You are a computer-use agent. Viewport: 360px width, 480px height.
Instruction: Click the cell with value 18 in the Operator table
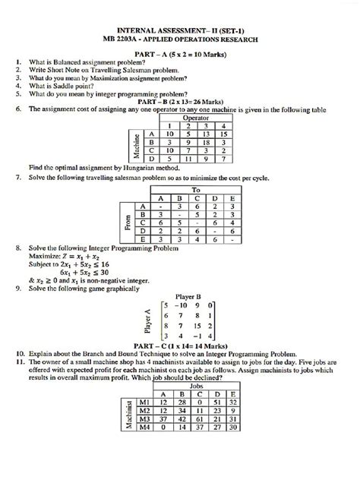pyautogui.click(x=204, y=141)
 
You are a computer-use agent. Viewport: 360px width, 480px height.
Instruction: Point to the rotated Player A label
pyautogui.click(x=157, y=321)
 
